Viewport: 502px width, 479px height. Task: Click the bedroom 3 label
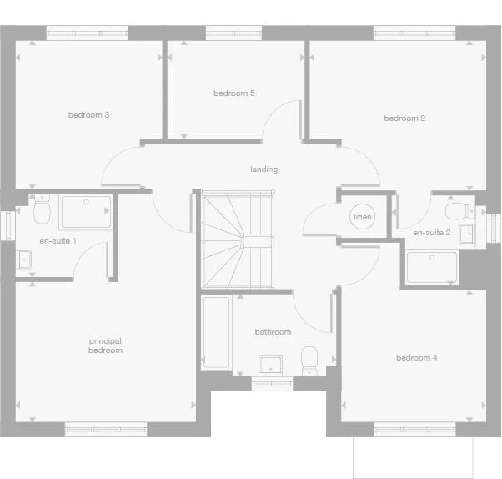[89, 114]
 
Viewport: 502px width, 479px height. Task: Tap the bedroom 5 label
[233, 93]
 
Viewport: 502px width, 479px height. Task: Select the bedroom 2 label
[404, 118]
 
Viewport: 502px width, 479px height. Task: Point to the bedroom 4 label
[417, 357]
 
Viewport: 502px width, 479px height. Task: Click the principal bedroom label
[106, 345]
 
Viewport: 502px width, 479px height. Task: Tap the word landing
[264, 169]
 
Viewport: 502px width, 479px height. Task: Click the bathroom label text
[274, 332]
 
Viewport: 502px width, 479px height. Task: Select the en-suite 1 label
[58, 240]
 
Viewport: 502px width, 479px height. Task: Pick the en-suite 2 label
[432, 232]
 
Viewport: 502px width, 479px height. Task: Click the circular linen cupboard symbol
[363, 217]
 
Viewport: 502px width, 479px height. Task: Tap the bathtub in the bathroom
[216, 332]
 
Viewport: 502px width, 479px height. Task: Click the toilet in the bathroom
[309, 360]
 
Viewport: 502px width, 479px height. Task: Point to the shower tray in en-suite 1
[85, 213]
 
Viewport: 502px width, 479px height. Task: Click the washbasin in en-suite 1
[24, 260]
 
